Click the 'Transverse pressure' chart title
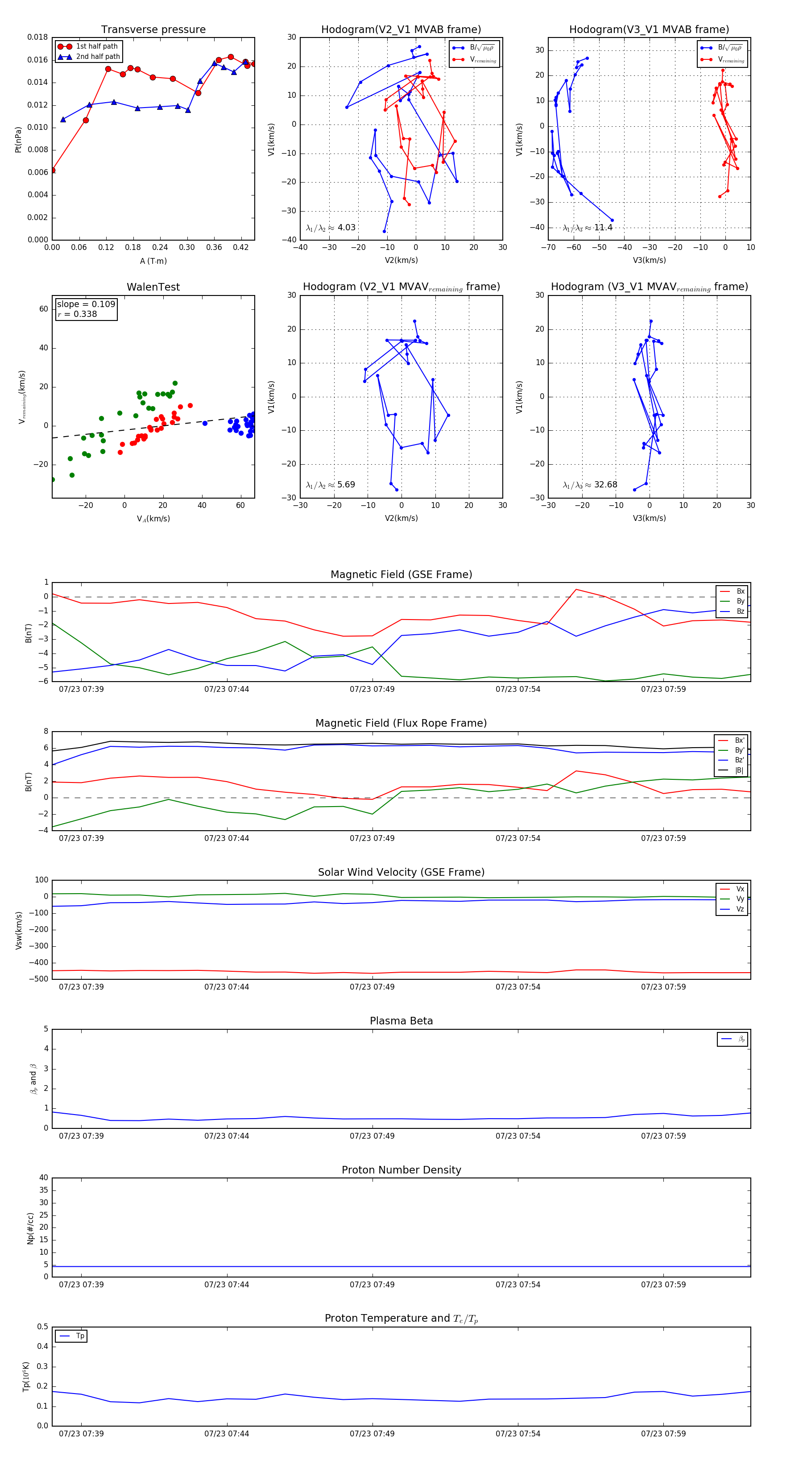pos(153,30)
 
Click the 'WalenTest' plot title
pos(153,287)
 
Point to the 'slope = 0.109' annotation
pos(86,304)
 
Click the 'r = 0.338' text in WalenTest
pos(77,314)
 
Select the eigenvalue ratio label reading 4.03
pos(331,228)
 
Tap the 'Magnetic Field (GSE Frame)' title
pos(401,574)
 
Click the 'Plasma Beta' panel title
pos(401,1021)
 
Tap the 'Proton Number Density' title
pos(401,1170)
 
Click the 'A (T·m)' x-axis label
pos(153,261)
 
